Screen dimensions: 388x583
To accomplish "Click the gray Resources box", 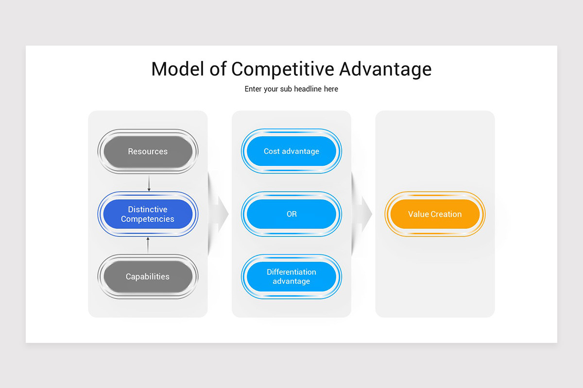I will (148, 151).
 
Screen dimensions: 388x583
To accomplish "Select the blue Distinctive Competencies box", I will (148, 214).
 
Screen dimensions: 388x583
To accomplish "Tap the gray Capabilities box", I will (148, 276).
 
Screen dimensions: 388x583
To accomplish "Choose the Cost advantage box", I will (291, 151).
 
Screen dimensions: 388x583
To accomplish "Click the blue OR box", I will (291, 214).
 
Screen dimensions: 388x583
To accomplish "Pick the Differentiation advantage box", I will (291, 276).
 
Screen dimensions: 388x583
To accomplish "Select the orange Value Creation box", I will (435, 214).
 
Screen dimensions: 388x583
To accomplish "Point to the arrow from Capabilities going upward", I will (148, 245).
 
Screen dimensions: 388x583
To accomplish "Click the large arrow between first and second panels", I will (220, 214).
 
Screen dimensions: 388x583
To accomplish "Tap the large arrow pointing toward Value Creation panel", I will (364, 214).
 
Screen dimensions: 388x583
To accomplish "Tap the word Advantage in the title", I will (385, 69).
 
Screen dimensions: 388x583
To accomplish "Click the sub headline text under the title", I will (291, 89).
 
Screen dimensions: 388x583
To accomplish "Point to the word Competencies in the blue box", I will (148, 219).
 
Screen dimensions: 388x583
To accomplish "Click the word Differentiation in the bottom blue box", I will (291, 272).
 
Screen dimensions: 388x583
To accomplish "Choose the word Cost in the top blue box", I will (272, 151).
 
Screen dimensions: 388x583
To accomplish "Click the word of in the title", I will (218, 69).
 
